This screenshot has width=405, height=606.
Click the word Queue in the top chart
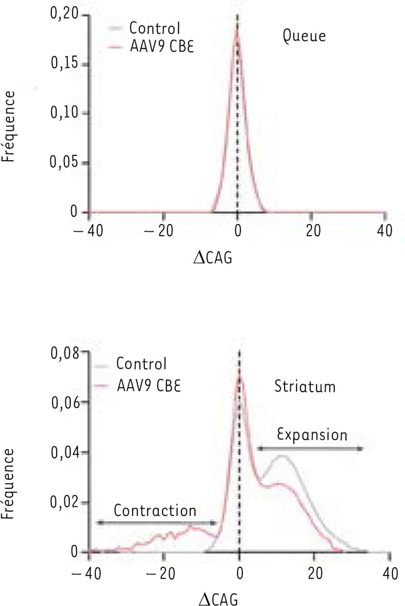coord(304,36)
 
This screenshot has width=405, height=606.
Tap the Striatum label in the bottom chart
coord(305,387)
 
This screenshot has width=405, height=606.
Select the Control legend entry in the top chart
coord(155,28)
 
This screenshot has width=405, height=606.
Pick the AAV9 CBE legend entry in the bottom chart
coord(149,385)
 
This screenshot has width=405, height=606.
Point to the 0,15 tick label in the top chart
coord(64,63)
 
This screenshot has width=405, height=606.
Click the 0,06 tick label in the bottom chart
coord(65,402)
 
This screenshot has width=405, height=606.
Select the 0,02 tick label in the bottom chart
coord(64,502)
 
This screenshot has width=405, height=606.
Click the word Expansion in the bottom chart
coord(312,435)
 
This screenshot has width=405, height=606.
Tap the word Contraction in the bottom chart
coord(155,510)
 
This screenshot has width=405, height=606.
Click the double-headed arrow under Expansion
coord(310,449)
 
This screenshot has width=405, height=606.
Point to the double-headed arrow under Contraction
coord(156,523)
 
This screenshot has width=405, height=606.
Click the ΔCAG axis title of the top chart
coord(213,258)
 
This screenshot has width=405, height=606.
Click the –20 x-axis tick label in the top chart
coord(159,231)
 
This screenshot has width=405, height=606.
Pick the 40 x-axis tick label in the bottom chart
coord(390,573)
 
